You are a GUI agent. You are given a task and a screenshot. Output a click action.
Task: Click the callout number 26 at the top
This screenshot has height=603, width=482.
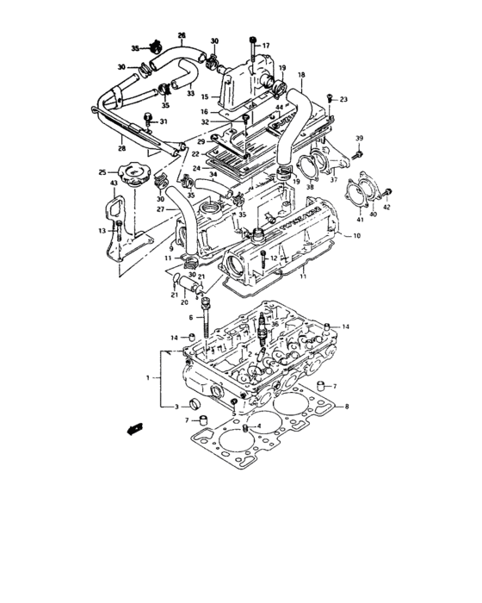click(x=182, y=35)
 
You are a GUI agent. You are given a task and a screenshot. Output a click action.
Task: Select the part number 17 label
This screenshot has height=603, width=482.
click(x=266, y=45)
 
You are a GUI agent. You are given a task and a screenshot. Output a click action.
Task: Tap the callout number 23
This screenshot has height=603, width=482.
click(x=343, y=100)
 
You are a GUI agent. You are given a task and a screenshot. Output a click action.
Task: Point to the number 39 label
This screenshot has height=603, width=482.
click(x=361, y=139)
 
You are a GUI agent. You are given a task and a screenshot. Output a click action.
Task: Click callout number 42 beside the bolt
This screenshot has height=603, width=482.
click(x=386, y=208)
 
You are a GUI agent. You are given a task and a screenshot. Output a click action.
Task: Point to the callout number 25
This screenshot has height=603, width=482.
click(x=102, y=173)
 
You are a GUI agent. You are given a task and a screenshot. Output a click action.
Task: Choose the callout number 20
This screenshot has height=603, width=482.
click(x=184, y=302)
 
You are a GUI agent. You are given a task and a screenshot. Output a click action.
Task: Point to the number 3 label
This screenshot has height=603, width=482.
click(x=176, y=406)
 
